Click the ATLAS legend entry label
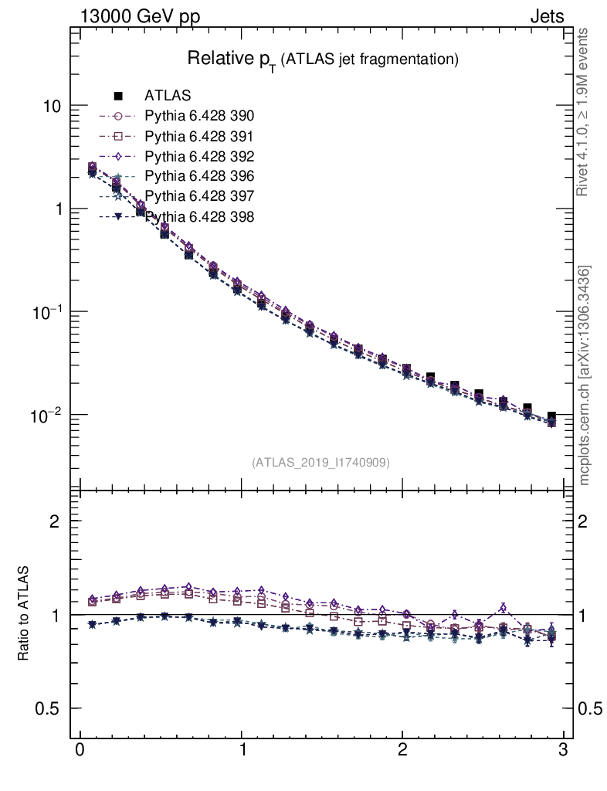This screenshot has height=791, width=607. pos(168,96)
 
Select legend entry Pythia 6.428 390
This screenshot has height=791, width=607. pos(199,116)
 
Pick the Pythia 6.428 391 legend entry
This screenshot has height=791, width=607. pos(199,136)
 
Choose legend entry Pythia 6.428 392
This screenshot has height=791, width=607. pos(199,156)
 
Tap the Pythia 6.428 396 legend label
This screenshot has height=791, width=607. pos(199,176)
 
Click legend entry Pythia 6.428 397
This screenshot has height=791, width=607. pos(199,196)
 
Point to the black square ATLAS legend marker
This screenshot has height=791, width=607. pos(118,96)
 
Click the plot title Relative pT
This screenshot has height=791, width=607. pos(324,59)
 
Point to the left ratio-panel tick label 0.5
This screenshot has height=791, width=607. pos(48,709)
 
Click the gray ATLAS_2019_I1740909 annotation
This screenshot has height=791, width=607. pos(320,463)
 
